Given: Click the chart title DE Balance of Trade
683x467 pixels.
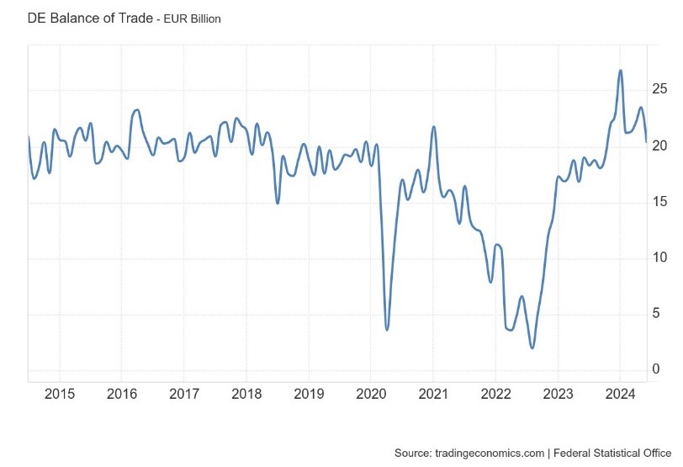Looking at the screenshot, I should (91, 18).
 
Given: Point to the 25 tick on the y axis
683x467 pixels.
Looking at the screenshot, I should (659, 89).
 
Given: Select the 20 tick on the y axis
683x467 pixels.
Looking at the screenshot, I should (659, 146).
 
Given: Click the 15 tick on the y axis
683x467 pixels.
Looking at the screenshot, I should (659, 202).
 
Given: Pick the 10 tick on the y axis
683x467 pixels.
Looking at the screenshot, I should (659, 257).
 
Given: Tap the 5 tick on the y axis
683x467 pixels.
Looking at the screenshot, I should (657, 314).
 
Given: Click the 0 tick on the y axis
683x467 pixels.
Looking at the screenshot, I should (657, 369).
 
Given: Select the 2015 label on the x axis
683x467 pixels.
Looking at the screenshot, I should (60, 394).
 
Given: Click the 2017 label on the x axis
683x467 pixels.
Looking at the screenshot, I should (184, 394).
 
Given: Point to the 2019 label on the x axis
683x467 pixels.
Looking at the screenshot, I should (309, 394).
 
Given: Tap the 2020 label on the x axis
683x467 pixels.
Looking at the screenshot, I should (371, 394).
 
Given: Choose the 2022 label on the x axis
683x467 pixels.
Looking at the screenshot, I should (495, 394).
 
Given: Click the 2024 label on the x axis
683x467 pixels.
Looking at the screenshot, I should (620, 394).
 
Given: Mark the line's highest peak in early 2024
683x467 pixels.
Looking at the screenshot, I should (621, 71).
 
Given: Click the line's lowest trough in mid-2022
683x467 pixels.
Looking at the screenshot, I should (532, 348).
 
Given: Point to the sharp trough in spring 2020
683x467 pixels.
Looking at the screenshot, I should (387, 329).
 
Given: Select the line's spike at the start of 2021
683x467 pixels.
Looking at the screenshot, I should (434, 127).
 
